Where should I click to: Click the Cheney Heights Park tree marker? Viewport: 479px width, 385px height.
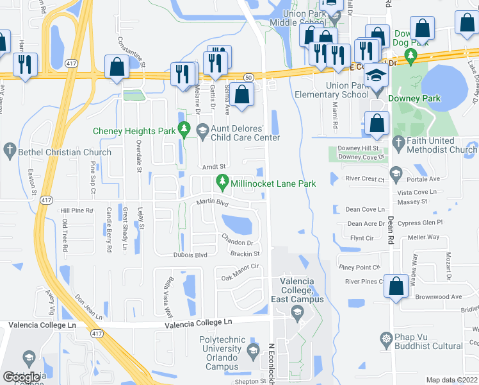[x=184, y=130]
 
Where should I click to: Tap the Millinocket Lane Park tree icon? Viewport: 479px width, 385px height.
[x=223, y=183]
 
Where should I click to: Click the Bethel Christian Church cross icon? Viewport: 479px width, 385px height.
[x=9, y=152]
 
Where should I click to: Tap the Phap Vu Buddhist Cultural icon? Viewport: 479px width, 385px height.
[x=386, y=338]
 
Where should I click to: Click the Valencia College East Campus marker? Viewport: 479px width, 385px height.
[x=296, y=314]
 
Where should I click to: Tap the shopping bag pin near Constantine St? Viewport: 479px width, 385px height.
[x=117, y=67]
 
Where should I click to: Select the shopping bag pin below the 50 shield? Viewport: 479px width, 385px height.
[x=243, y=95]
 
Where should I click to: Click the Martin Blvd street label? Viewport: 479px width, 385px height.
[x=212, y=203]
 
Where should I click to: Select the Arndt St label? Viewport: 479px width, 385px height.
[x=211, y=166]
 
